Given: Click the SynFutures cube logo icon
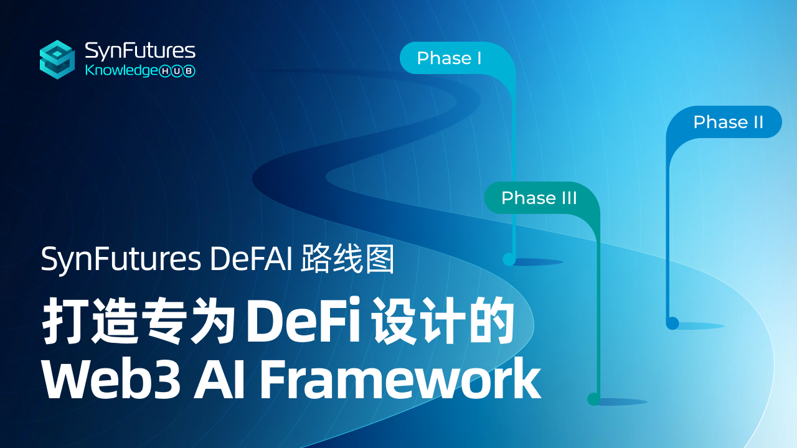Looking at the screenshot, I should point(57,60).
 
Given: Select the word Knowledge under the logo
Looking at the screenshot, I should point(121,71).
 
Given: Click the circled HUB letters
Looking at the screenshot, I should point(178,72).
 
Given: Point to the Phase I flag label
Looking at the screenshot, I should point(449,58).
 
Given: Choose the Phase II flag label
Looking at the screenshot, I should point(728,122).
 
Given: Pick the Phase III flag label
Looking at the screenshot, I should point(539,198).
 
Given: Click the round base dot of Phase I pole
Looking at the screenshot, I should point(509,259).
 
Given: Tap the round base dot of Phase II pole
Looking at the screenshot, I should point(672,323).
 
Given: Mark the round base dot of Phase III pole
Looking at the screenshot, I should point(593,399).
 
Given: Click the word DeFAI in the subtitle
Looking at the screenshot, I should point(252,259).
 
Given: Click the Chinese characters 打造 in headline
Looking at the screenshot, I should point(90,324).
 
